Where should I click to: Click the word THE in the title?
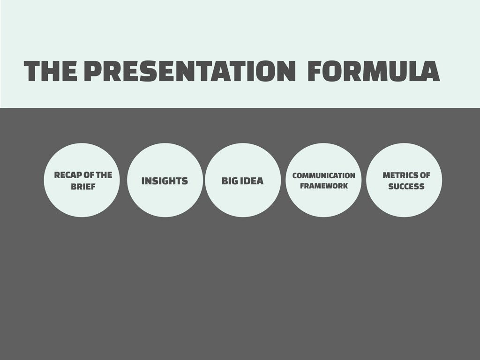(51, 71)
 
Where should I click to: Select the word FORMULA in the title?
(374, 71)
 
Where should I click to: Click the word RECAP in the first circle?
(67, 175)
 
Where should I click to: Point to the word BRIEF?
(83, 187)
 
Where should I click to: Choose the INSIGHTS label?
(165, 181)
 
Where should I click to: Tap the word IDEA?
(252, 181)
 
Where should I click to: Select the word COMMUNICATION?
(323, 176)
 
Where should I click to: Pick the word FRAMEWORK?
(323, 186)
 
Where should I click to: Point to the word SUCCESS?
(406, 187)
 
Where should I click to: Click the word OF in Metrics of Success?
(425, 175)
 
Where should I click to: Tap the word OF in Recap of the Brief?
(88, 175)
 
